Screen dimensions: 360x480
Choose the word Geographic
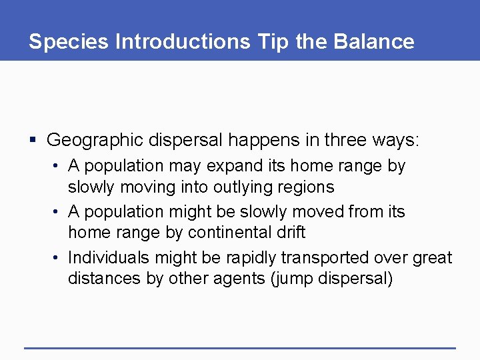95,140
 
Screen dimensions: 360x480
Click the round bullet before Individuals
59,257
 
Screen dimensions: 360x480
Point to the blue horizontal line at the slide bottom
239,347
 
